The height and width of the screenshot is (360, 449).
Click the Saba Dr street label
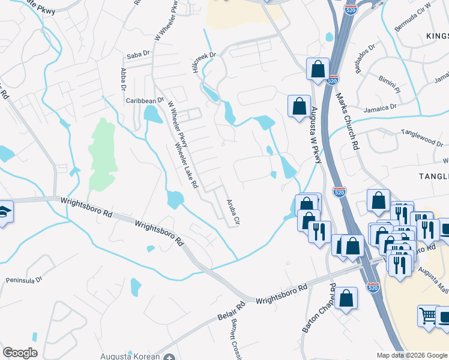[137, 56]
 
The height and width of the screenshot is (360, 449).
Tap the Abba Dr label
[124, 79]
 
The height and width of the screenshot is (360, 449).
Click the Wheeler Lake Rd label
[186, 166]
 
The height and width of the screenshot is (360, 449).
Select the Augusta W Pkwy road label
[315, 134]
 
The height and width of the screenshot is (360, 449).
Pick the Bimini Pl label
[389, 80]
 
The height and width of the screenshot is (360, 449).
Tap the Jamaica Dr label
[380, 108]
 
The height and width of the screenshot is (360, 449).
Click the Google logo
[20, 353]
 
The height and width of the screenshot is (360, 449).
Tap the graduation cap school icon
[4, 212]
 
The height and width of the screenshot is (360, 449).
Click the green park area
[101, 153]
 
